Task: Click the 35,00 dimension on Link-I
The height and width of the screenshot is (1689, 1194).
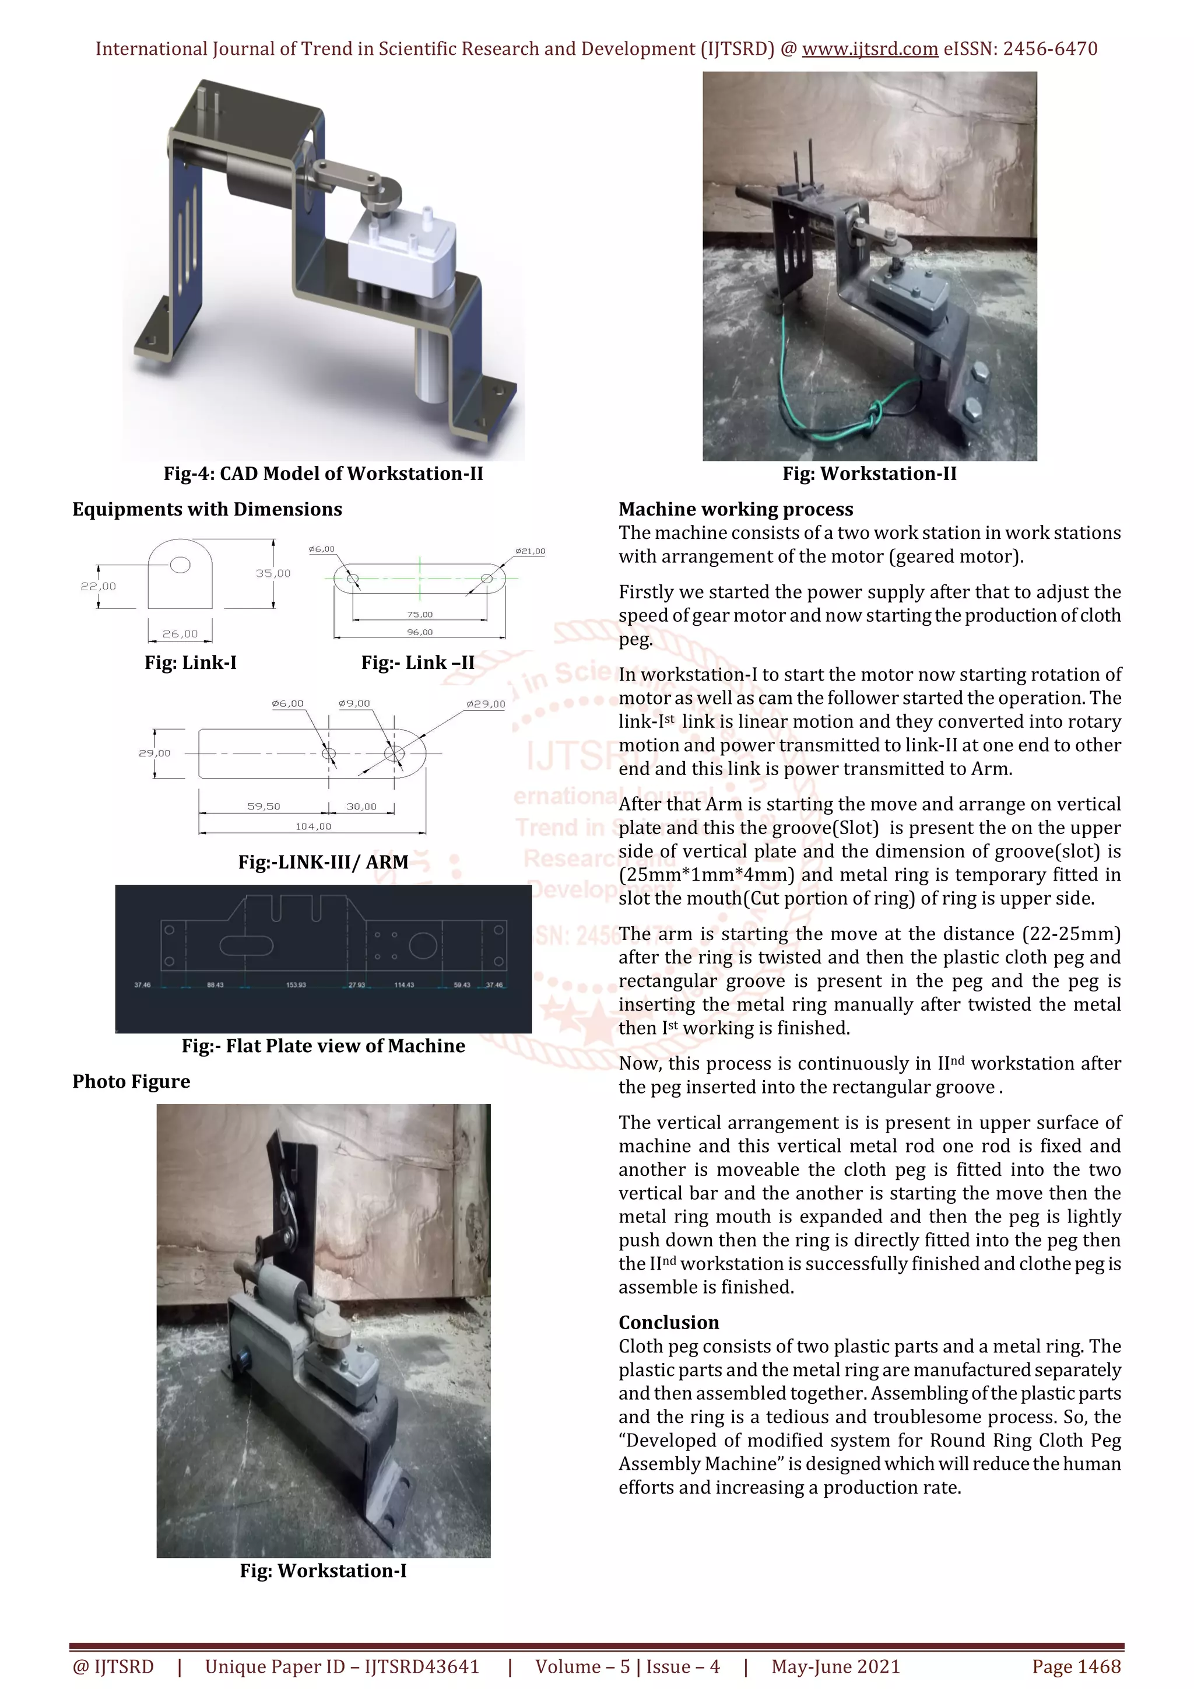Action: [x=273, y=573]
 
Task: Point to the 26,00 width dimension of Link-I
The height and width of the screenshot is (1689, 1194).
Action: [x=180, y=633]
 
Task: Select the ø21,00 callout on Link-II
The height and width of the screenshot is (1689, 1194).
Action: [x=530, y=551]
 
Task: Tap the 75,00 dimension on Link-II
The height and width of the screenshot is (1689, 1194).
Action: [x=420, y=614]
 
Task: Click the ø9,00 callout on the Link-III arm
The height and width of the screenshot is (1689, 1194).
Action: [x=354, y=703]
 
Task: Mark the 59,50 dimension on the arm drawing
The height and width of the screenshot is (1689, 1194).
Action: [x=263, y=806]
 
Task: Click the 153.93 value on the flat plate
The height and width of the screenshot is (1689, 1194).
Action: [x=296, y=985]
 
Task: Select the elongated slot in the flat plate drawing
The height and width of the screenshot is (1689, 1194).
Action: [x=246, y=945]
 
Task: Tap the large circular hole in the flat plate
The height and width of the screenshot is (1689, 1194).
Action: [x=423, y=945]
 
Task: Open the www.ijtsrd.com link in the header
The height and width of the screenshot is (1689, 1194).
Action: [x=870, y=50]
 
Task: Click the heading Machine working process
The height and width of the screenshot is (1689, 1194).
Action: [x=735, y=509]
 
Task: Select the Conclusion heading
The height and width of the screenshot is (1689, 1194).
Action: [x=668, y=1323]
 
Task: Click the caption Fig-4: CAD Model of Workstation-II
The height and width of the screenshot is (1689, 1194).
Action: [x=323, y=474]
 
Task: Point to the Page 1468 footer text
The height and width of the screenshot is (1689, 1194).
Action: [x=1076, y=1666]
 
